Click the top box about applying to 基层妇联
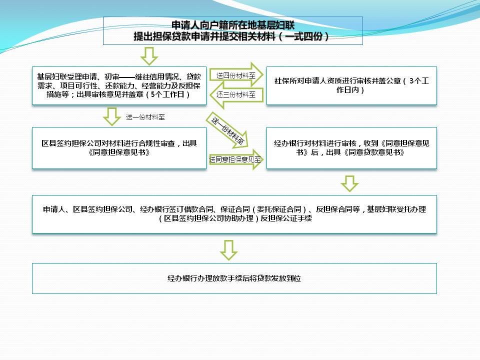[x=232, y=30]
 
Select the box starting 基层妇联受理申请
[x=119, y=85]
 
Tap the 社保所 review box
[x=351, y=85]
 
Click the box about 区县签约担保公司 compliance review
[x=119, y=148]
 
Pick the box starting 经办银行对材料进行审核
[x=351, y=148]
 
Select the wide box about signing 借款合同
[x=234, y=214]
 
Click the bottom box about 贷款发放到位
[x=234, y=278]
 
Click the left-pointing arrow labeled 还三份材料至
[x=236, y=95]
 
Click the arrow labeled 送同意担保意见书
[x=236, y=159]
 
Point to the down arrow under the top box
[x=149, y=56]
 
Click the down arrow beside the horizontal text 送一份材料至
[x=111, y=116]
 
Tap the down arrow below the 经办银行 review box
[x=349, y=183]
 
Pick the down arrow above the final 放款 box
[x=228, y=250]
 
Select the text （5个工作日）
[x=168, y=94]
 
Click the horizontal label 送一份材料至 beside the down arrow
[x=145, y=117]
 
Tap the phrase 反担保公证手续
[x=286, y=218]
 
